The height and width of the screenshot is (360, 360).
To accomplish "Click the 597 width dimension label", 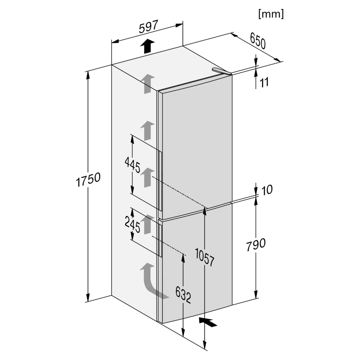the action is point(149,27).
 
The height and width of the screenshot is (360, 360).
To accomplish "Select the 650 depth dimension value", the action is point(258,41).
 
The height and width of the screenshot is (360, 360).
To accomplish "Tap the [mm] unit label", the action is point(271,14).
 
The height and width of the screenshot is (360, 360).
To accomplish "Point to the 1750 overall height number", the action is point(88,179).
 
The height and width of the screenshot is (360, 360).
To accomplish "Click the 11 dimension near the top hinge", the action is point(264,82).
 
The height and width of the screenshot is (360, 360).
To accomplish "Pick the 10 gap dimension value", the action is point(267,190).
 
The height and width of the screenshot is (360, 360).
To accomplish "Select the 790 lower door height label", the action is point(256,244).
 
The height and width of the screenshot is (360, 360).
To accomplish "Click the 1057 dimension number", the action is point(205,257).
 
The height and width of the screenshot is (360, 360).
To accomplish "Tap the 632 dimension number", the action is point(183,295).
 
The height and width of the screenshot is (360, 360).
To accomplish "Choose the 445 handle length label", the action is point(132,165).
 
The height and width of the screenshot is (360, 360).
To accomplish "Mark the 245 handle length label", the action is point(132,225).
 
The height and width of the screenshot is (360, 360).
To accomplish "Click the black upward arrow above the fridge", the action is point(148,46).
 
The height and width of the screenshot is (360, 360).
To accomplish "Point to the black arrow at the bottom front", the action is point(208,321).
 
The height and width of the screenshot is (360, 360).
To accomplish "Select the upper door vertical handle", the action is point(160,181).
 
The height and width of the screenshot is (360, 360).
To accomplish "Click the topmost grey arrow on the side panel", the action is point(148,84).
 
